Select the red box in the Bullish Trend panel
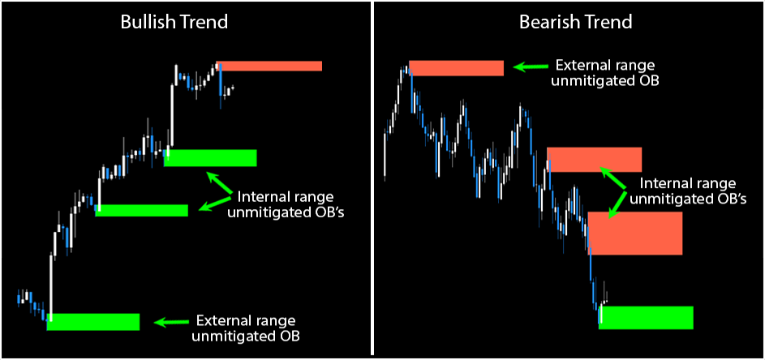pyautogui.click(x=270, y=66)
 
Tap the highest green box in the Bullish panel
pyautogui.click(x=210, y=157)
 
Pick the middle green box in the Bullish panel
pyautogui.click(x=142, y=210)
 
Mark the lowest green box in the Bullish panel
pyautogui.click(x=93, y=321)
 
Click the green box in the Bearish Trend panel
pyautogui.click(x=646, y=317)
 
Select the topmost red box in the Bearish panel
pyautogui.click(x=457, y=67)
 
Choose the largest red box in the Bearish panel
pyautogui.click(x=634, y=233)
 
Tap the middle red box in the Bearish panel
pyautogui.click(x=595, y=160)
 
